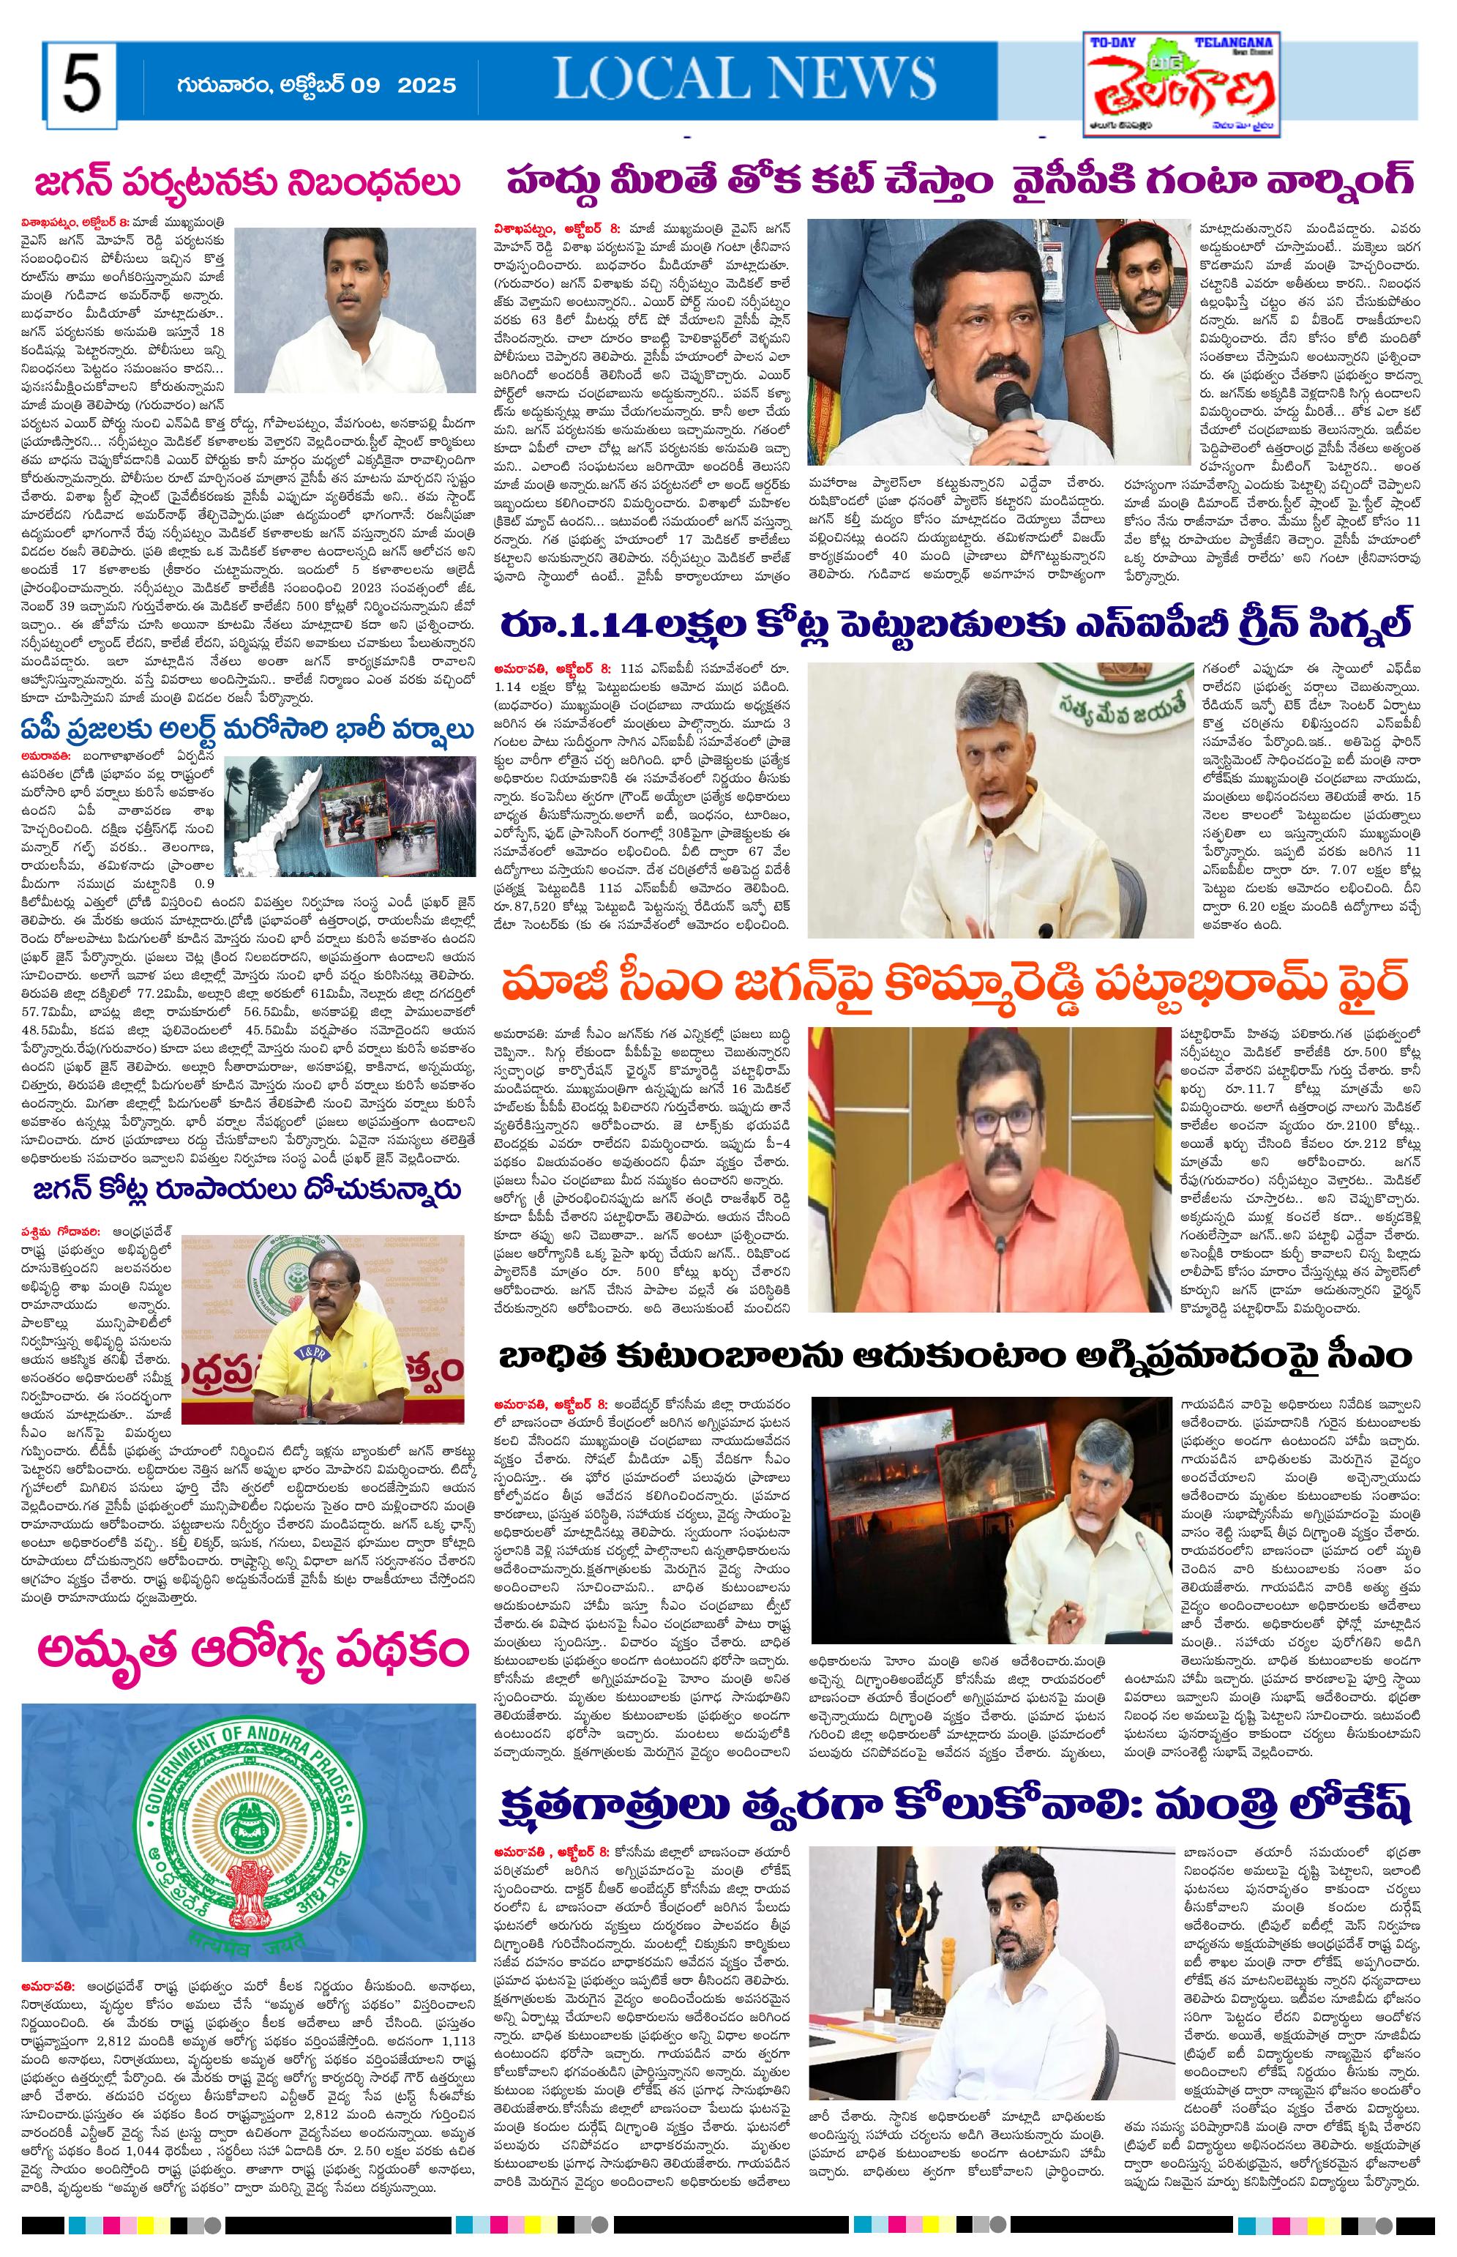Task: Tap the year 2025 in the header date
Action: pos(427,85)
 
